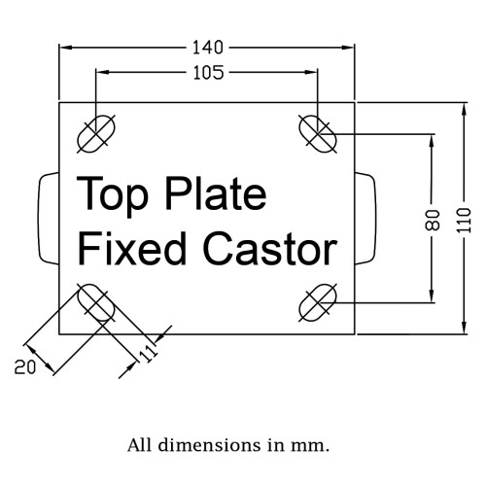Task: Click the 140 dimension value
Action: coord(208,48)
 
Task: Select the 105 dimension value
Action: coord(208,72)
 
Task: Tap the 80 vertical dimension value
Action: coord(433,220)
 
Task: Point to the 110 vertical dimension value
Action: coord(464,220)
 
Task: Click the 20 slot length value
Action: coord(25,367)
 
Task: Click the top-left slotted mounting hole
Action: coord(96,134)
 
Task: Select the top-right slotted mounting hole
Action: coord(318,134)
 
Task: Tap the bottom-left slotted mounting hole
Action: coord(96,303)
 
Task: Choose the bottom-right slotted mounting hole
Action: coord(318,303)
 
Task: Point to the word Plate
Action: coord(216,193)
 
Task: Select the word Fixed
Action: coord(132,249)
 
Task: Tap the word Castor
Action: coord(270,249)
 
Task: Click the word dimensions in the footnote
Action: coord(209,445)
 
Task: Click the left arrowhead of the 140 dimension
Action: coord(66,48)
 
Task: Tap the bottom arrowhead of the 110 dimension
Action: coord(464,328)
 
